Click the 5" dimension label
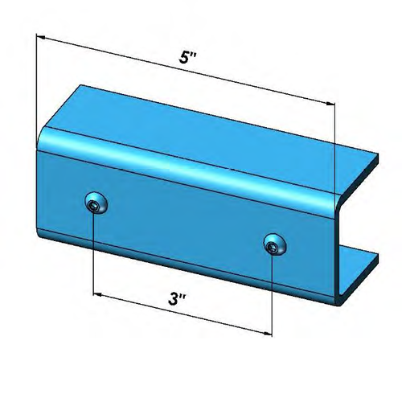click(x=186, y=59)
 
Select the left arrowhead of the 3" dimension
click(x=98, y=292)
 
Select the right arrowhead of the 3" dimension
click(x=268, y=331)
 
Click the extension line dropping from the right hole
click(x=273, y=297)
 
